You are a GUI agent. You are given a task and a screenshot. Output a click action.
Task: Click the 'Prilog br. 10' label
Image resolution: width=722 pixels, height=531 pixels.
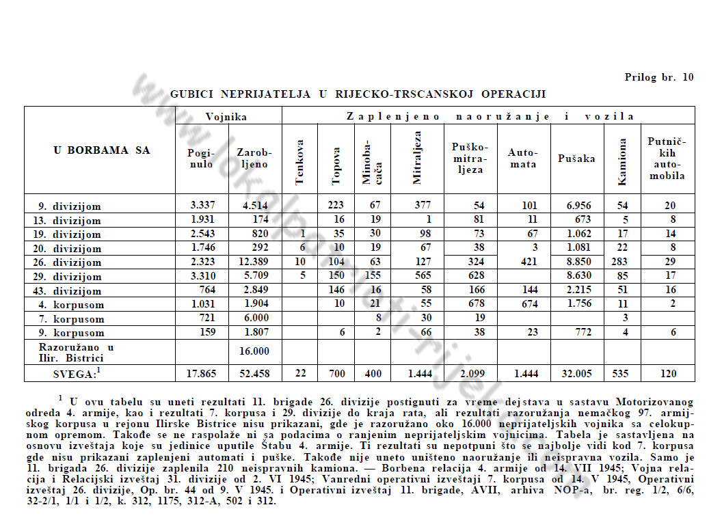click(x=658, y=77)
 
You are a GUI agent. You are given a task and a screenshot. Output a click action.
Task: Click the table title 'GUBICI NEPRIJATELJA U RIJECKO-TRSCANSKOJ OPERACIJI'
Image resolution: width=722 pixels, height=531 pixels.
click(x=358, y=94)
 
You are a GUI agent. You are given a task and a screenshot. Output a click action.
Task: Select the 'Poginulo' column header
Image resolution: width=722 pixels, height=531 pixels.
click(x=200, y=159)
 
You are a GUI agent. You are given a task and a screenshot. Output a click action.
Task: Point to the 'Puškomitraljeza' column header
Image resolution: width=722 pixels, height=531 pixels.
click(x=470, y=159)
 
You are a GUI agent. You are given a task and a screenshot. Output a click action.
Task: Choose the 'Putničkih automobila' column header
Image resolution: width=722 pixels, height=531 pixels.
click(x=667, y=159)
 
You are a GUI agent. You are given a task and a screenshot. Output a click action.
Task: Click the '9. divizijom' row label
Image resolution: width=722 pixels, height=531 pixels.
click(x=69, y=206)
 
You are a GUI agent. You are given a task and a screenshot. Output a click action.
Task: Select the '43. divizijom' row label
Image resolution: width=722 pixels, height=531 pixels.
click(x=69, y=291)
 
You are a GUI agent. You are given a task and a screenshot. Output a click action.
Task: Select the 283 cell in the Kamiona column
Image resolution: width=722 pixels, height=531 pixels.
click(x=621, y=262)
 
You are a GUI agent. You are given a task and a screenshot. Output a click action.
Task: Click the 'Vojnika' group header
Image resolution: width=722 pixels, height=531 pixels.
click(x=227, y=117)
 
